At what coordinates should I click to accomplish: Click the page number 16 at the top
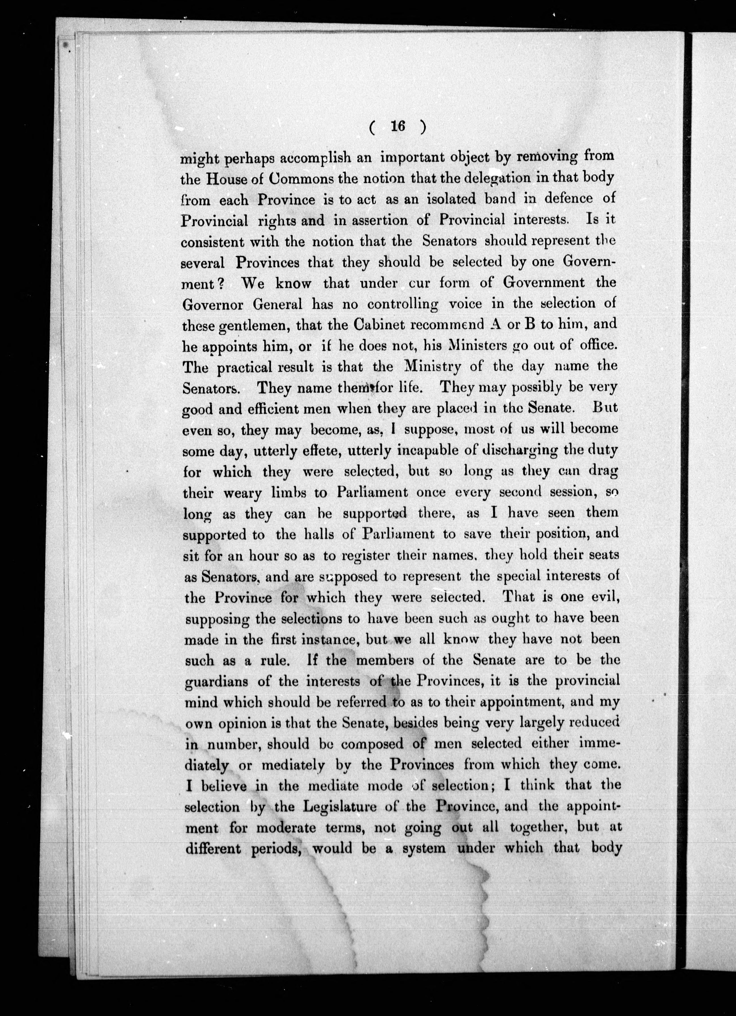[x=397, y=127]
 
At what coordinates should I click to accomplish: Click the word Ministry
[x=432, y=367]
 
